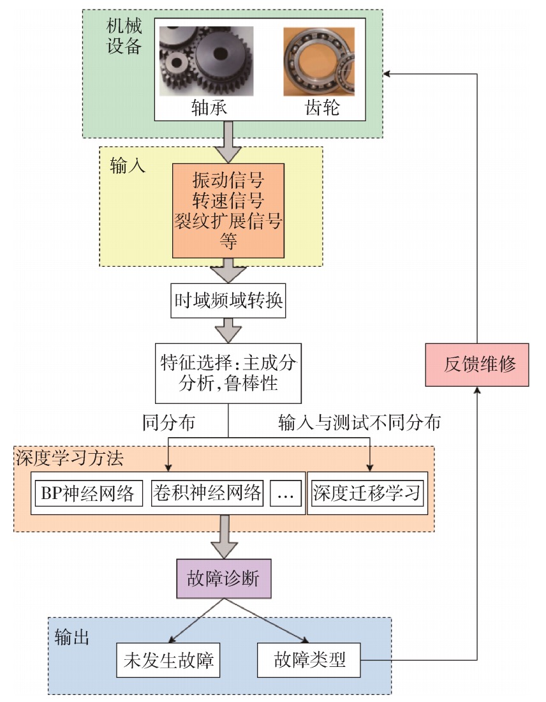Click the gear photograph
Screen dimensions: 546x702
coord(206,61)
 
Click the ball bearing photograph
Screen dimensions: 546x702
coord(319,61)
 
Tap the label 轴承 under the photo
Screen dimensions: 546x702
coord(209,107)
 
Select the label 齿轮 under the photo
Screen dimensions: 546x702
coord(322,107)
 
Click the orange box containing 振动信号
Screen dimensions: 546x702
coord(228,211)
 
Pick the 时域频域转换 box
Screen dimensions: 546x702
coord(228,301)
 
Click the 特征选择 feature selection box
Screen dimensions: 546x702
coord(228,373)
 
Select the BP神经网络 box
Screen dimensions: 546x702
coord(89,493)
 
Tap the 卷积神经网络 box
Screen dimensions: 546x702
coord(207,493)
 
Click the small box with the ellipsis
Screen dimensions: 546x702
coord(286,493)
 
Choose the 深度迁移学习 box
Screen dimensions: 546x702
coord(367,493)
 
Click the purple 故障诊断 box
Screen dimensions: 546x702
coord(224,578)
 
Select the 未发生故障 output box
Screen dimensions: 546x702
coord(168,661)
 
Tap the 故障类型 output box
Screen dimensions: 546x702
coord(309,661)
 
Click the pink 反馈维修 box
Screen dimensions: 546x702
coord(477,365)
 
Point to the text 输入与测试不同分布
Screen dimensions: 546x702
coord(360,422)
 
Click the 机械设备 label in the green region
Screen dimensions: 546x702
coord(124,36)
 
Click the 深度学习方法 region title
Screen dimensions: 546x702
coord(70,458)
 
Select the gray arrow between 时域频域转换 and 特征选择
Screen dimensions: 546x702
coord(228,331)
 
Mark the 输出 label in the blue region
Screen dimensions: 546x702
coord(72,637)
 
